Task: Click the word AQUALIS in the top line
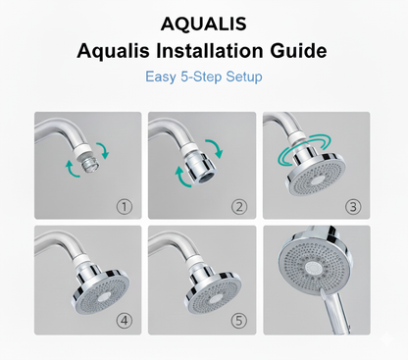click(203, 25)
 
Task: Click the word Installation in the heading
click(209, 51)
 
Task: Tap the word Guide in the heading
click(298, 51)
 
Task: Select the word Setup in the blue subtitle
click(244, 77)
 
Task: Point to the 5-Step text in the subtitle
click(201, 77)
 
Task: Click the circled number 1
click(125, 207)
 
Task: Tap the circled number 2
click(239, 207)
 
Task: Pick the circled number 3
click(353, 207)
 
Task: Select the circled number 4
click(125, 321)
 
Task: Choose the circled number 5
click(239, 321)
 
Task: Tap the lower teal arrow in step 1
click(72, 170)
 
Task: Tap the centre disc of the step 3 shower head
click(317, 180)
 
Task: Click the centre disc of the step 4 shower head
click(104, 297)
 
